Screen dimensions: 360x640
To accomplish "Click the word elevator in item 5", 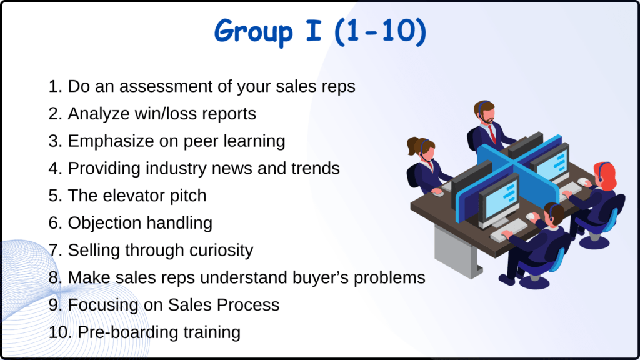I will [133, 196].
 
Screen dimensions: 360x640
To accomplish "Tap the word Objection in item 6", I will [104, 223].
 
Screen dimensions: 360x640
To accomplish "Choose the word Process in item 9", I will [248, 305].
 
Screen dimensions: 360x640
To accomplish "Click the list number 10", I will [60, 332].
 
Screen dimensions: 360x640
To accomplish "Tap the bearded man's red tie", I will [494, 133].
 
